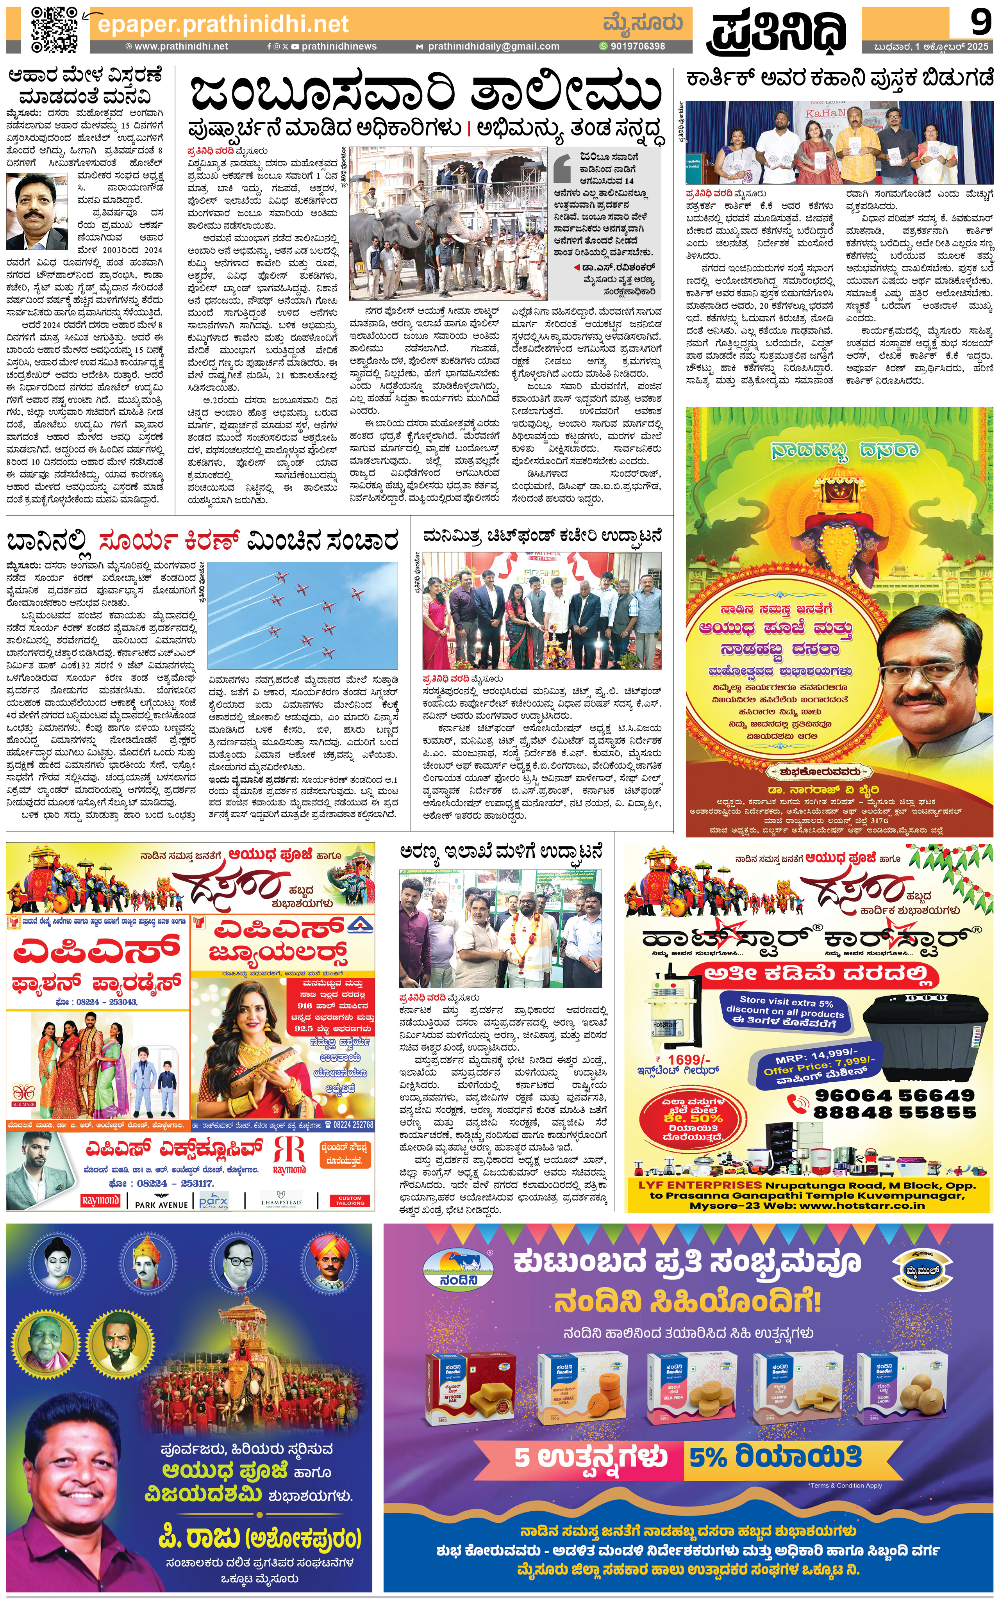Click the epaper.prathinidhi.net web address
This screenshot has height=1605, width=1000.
pyautogui.click(x=223, y=25)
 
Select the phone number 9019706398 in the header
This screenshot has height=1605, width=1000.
pyautogui.click(x=637, y=46)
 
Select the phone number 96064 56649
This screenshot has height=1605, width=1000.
pyautogui.click(x=894, y=1096)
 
